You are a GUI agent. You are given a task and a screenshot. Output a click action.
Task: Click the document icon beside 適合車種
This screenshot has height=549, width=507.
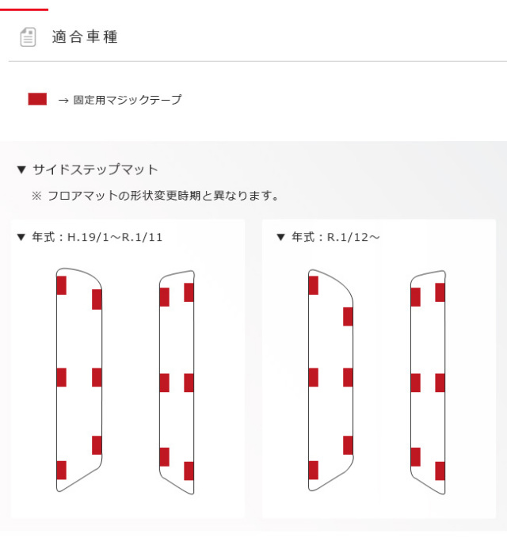(28, 37)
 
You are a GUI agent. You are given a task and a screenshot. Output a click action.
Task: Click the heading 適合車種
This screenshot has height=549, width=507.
(85, 36)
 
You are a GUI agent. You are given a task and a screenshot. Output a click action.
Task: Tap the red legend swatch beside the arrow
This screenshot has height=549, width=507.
(37, 99)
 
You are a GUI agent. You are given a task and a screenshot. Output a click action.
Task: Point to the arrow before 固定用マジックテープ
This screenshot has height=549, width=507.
(63, 101)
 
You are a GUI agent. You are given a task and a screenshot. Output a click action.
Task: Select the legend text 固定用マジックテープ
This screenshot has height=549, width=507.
(128, 100)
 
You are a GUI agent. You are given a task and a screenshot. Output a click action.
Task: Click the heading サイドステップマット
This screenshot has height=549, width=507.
(95, 170)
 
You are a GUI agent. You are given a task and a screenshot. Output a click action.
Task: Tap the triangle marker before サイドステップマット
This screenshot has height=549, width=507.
(21, 170)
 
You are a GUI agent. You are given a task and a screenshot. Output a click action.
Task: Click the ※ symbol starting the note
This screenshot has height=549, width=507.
(36, 196)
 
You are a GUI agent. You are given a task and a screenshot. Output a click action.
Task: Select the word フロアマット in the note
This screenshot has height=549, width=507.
(82, 196)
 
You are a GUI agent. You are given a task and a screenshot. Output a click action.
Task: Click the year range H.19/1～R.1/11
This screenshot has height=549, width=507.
(115, 238)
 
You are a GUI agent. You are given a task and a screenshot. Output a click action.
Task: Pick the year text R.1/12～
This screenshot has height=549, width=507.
(353, 238)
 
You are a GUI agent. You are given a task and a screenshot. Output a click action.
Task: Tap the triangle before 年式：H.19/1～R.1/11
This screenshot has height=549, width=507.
(21, 238)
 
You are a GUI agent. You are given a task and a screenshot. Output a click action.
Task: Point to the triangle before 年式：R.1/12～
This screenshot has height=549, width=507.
(280, 238)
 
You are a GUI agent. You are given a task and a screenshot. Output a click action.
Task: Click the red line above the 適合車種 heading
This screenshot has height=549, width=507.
(24, 10)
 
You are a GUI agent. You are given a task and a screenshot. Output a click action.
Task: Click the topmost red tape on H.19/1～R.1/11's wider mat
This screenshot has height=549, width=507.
(61, 285)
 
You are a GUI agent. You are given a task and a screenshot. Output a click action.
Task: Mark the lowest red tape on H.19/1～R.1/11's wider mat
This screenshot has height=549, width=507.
(61, 471)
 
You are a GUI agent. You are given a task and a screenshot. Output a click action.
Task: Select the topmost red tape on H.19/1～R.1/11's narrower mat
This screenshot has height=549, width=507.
(189, 292)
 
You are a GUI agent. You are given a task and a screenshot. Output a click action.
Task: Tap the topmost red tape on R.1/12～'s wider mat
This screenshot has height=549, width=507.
(314, 285)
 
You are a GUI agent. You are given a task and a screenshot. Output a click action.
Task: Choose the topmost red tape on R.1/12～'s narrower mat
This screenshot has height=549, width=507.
(440, 292)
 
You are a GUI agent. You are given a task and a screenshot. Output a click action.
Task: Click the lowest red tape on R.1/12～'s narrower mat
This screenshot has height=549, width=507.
(440, 471)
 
